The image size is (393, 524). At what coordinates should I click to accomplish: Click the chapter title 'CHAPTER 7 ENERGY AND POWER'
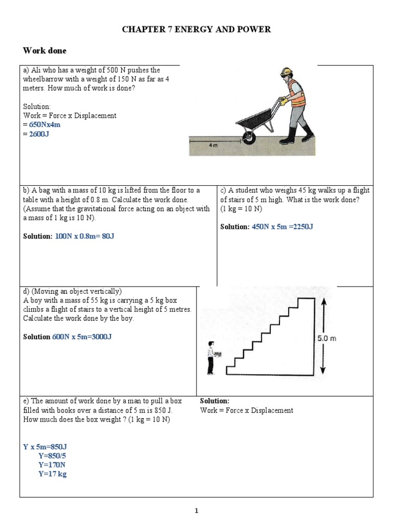point(196,30)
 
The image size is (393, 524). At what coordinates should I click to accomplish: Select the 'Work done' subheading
point(45,51)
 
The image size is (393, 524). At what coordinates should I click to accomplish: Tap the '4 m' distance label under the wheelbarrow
point(213,145)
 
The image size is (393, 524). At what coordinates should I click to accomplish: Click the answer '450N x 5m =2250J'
point(282,227)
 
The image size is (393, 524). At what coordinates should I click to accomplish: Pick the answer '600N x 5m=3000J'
point(82,337)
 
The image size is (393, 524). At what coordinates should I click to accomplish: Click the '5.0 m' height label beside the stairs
point(326,338)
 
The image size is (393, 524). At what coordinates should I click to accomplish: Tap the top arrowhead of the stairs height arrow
point(322,303)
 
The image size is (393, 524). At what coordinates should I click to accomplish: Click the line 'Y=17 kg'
point(52,474)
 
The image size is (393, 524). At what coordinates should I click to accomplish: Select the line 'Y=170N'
point(52,465)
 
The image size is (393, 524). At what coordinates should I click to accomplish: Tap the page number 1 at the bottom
point(196,510)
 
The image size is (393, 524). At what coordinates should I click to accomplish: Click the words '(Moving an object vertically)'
point(72,291)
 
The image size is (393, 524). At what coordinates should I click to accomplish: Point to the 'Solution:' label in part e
point(214,401)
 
